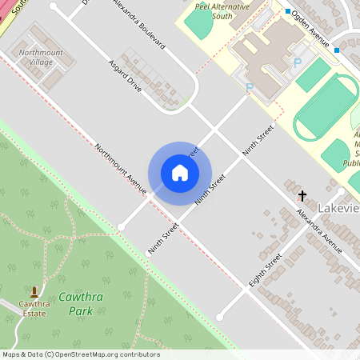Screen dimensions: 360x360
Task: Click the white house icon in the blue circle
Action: [180, 172]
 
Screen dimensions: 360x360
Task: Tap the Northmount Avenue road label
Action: [120, 169]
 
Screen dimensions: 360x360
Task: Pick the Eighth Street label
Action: [266, 272]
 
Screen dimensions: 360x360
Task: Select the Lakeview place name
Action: [338, 209]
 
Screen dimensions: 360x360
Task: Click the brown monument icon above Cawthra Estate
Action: [34, 291]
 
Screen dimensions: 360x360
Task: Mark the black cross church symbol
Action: [302, 194]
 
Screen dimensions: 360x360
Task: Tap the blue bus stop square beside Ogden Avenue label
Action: [288, 11]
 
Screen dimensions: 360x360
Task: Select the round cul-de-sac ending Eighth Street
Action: [219, 317]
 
